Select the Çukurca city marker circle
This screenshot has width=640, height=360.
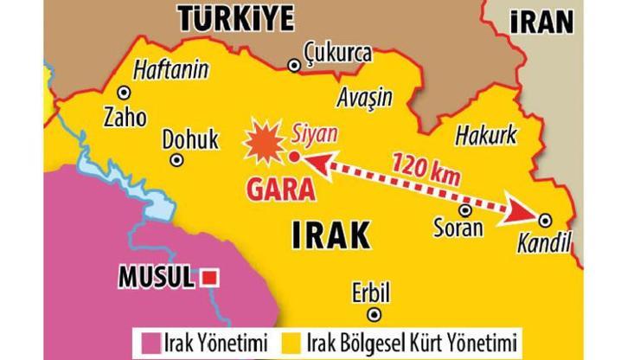(x=295, y=64)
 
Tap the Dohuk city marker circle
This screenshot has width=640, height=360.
(x=177, y=159)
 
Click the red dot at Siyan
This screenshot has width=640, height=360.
(x=293, y=157)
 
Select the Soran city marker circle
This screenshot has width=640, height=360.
(x=465, y=209)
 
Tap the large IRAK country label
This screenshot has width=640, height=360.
(x=327, y=235)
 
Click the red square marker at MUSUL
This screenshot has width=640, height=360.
(x=208, y=279)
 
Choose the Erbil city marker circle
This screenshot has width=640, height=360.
(x=373, y=313)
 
